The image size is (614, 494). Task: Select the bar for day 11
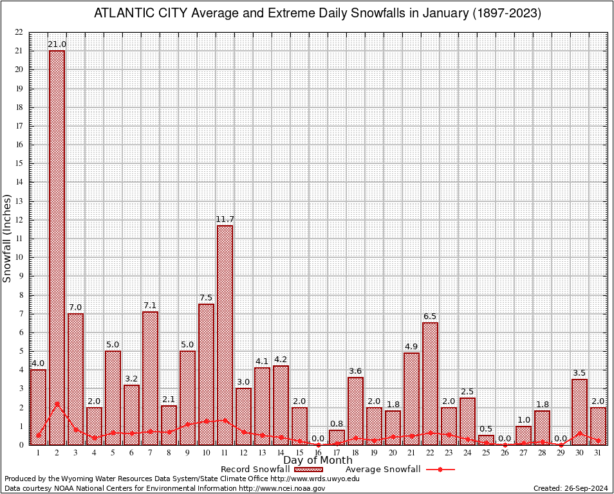[x=225, y=334]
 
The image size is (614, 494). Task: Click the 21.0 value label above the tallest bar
[x=57, y=44]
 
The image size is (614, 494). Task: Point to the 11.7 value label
[x=225, y=219]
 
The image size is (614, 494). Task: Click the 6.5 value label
[x=431, y=316]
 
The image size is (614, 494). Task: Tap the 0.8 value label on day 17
[x=337, y=423]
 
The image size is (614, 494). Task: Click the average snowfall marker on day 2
[x=57, y=404]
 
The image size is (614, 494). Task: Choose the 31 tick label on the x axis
[x=599, y=453]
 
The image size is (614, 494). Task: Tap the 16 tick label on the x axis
[x=319, y=453]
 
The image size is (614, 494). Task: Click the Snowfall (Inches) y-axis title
[x=8, y=238]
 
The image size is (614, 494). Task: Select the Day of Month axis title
[x=317, y=460]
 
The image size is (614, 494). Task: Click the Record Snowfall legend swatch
[x=308, y=470]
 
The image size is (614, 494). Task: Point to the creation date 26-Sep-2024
[x=585, y=489]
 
